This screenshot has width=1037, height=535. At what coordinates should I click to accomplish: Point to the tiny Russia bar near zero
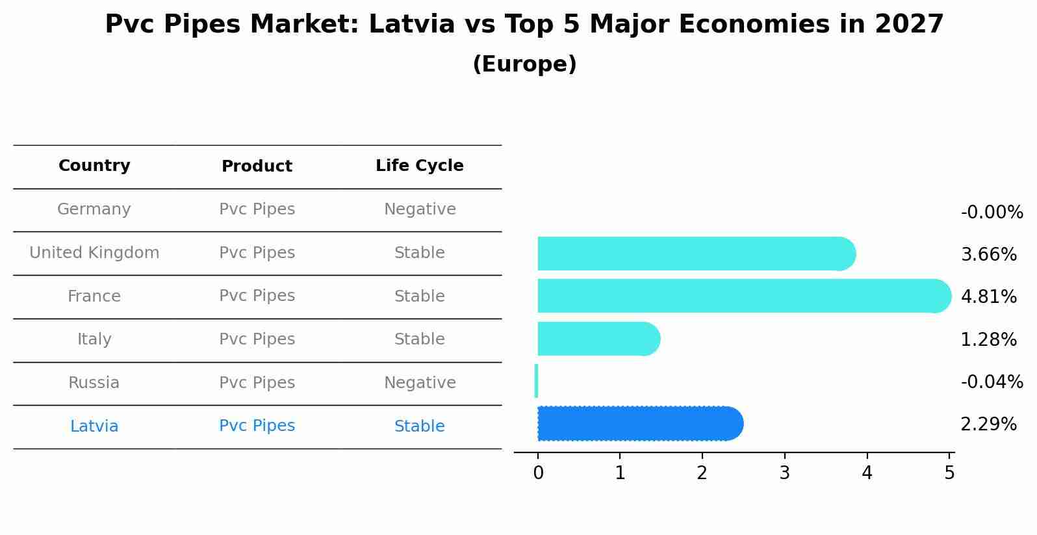click(x=536, y=381)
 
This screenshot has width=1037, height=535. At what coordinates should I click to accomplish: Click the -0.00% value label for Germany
click(x=992, y=213)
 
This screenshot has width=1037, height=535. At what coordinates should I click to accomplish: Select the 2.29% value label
click(x=988, y=424)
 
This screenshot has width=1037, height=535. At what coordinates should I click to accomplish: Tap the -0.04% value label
click(x=992, y=382)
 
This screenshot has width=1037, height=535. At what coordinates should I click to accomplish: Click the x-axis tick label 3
click(x=784, y=473)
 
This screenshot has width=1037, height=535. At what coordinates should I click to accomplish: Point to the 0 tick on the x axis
click(x=538, y=473)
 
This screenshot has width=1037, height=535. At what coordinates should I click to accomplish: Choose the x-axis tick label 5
click(x=949, y=473)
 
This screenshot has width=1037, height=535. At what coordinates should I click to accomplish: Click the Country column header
click(x=94, y=166)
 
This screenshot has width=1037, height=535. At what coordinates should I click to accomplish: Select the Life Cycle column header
click(x=420, y=166)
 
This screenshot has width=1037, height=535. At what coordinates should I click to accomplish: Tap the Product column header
click(x=257, y=166)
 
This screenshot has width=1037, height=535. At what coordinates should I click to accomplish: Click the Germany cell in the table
click(x=94, y=209)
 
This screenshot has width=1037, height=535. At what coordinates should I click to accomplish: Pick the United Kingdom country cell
click(x=94, y=253)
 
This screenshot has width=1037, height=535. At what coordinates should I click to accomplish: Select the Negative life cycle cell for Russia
click(x=420, y=383)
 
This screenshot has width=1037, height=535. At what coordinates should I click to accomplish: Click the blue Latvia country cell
click(x=94, y=426)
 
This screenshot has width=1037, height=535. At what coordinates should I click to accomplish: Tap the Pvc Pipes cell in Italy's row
click(x=257, y=339)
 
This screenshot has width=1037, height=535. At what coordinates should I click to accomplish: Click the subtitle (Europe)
click(x=524, y=64)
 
